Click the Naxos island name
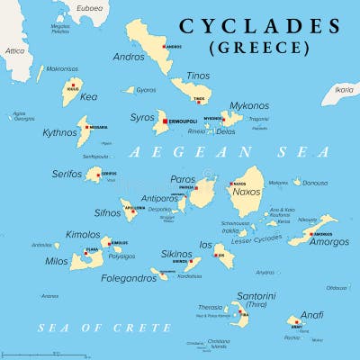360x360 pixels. click(x=247, y=193)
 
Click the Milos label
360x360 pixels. click(x=56, y=261)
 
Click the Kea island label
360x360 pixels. click(x=88, y=96)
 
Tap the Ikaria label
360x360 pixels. click(x=343, y=90)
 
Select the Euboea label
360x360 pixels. click(x=89, y=8)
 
